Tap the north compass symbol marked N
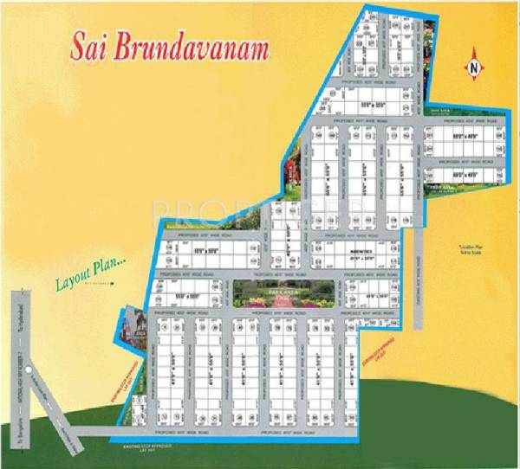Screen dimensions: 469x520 [x=473, y=65]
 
